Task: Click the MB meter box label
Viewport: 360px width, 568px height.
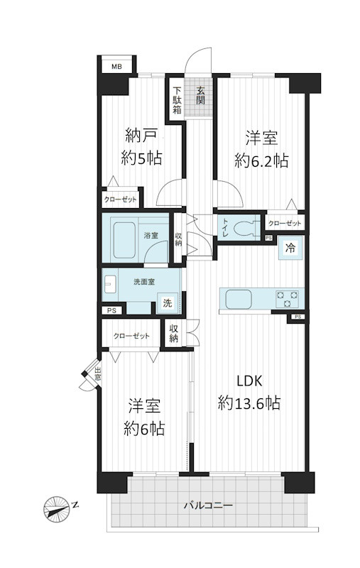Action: point(115,67)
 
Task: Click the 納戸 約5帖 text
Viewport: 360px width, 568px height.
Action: point(141,147)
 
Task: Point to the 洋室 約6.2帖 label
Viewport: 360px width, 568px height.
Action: point(261,149)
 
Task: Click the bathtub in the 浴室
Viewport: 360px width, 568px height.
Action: point(125,241)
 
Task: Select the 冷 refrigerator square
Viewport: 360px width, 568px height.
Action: point(290,248)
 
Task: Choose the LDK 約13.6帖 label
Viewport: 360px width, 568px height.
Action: point(248,392)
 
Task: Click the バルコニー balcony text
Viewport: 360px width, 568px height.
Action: point(207,506)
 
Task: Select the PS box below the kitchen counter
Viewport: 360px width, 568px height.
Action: point(297,317)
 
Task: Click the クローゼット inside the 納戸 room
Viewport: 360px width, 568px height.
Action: point(121,200)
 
